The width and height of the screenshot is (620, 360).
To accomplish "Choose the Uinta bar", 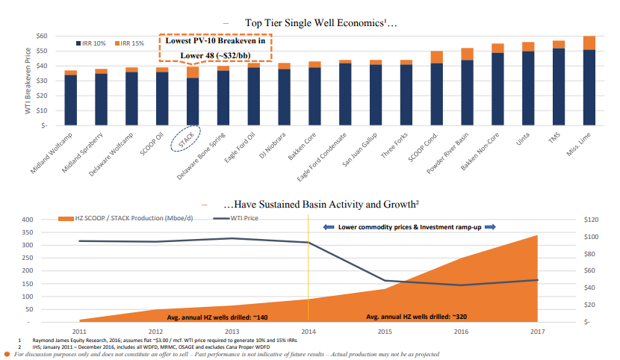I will [x=528, y=84].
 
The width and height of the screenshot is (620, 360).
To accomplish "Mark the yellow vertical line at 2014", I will [x=309, y=269].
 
